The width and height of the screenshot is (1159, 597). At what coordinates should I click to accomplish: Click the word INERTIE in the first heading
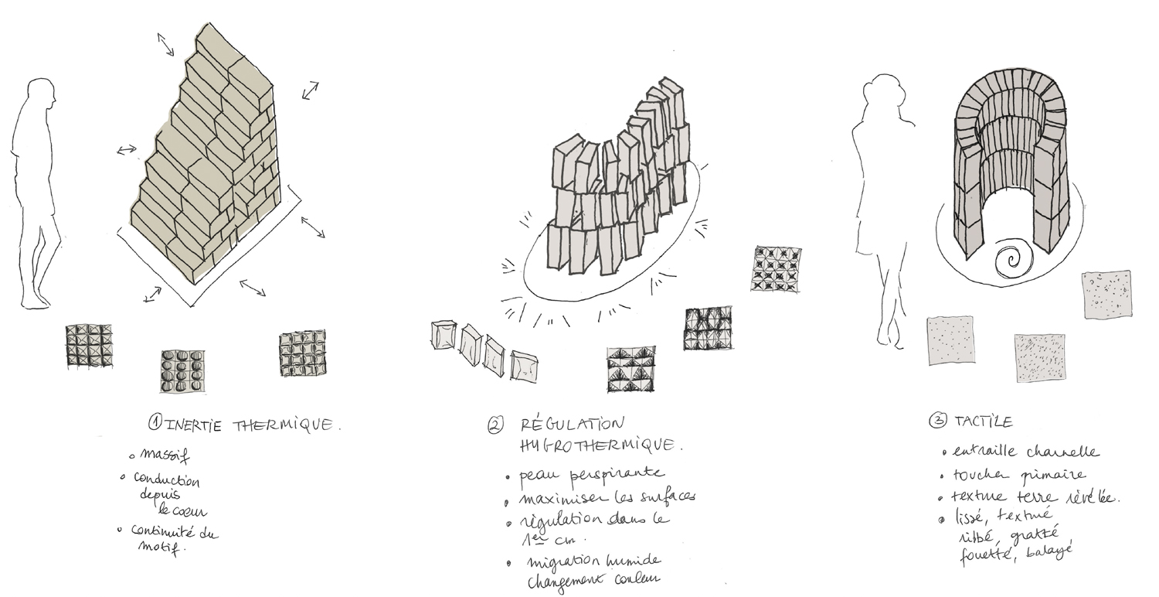coord(182,424)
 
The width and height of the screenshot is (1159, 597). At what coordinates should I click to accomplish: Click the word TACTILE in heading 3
coord(982,422)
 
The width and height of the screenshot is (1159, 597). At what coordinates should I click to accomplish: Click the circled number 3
coord(936,422)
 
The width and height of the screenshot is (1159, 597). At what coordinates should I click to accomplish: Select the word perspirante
coord(619,472)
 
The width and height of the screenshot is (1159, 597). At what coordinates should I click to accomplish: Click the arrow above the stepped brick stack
coord(166,45)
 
